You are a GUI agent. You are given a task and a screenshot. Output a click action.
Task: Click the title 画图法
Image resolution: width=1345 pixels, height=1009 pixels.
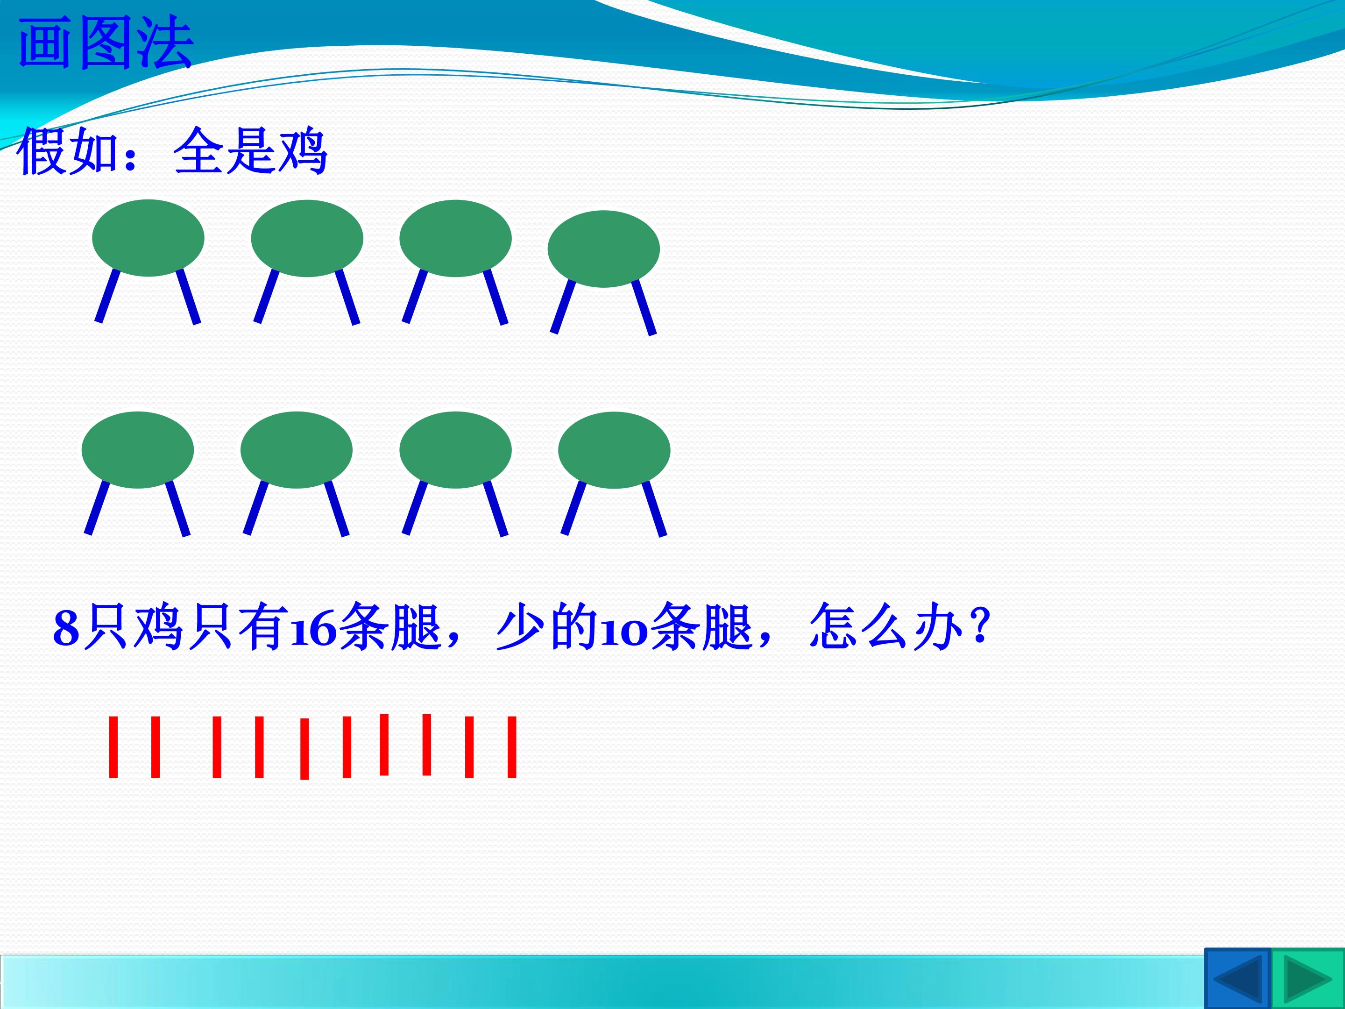106,43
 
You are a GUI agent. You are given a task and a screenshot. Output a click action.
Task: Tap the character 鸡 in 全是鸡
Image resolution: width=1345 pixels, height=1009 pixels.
302,151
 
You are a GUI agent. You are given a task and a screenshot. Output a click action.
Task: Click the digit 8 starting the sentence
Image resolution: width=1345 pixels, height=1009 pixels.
66,628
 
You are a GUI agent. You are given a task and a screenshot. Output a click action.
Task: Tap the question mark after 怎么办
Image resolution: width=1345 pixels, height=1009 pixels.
978,626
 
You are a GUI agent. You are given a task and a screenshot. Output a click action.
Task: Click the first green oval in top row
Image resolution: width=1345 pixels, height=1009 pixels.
149,238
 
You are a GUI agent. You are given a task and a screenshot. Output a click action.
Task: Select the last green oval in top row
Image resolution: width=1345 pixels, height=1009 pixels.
604,249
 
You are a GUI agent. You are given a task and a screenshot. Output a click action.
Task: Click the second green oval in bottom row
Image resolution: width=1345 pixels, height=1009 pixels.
296,450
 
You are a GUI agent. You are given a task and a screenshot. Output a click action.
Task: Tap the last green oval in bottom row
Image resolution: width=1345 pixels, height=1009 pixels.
614,450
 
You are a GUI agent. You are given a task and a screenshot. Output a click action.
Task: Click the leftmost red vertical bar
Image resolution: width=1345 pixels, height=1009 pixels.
113,747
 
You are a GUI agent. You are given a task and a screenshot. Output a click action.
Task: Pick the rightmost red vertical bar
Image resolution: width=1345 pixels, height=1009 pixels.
512,747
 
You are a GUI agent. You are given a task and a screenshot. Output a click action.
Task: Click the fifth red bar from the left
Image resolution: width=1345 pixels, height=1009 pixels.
304,749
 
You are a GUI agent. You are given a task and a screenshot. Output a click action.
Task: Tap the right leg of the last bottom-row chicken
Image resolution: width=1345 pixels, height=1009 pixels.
654,508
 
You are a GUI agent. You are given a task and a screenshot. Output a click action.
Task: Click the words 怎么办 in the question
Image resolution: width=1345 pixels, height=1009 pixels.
886,626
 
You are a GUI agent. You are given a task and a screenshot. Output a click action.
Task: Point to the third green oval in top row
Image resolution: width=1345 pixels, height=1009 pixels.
455,238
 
